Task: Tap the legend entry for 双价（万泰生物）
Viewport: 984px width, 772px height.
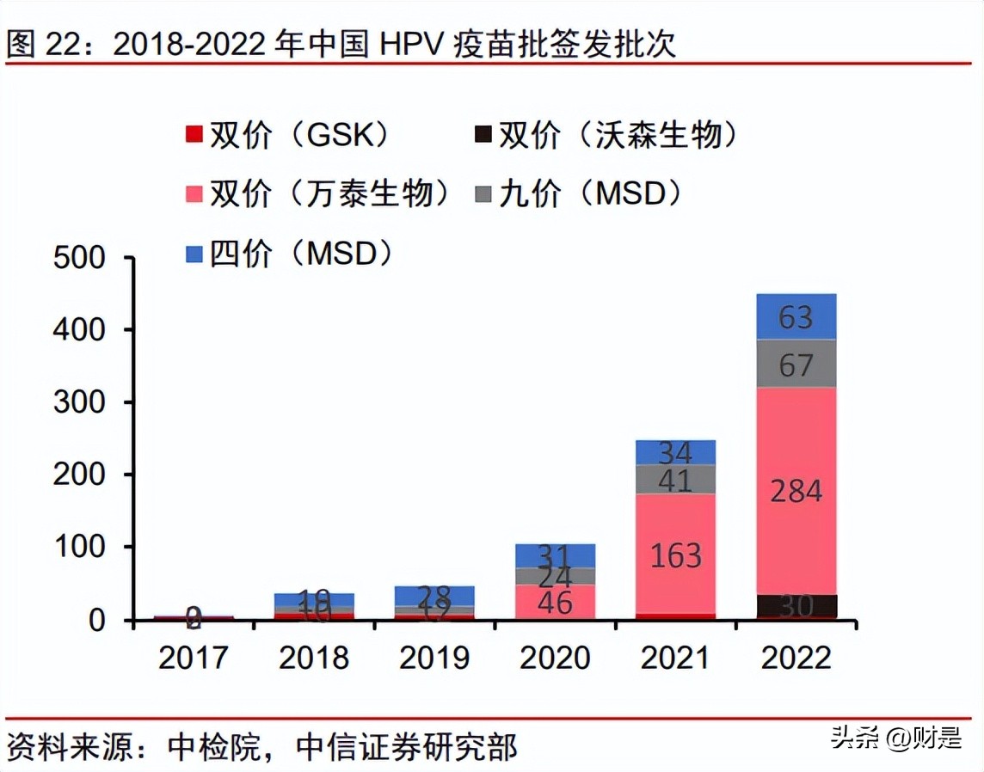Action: click(x=318, y=193)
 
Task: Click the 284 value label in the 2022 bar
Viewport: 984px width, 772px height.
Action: click(x=796, y=491)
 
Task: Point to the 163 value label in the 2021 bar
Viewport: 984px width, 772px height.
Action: click(x=676, y=555)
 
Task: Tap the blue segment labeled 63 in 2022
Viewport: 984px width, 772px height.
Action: click(x=796, y=317)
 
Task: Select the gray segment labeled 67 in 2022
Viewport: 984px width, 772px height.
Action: click(x=796, y=364)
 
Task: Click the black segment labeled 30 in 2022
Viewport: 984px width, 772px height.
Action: click(x=796, y=606)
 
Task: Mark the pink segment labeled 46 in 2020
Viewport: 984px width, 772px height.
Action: click(x=555, y=602)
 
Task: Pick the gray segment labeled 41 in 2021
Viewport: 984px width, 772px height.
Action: click(x=676, y=479)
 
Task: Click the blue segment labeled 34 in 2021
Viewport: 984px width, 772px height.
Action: click(x=676, y=452)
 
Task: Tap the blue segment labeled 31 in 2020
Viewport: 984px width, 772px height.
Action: click(x=555, y=555)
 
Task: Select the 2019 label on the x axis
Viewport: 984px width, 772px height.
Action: click(x=434, y=658)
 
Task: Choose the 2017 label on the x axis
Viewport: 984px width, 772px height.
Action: click(x=193, y=658)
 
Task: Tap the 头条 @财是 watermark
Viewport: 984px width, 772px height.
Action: click(x=895, y=737)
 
